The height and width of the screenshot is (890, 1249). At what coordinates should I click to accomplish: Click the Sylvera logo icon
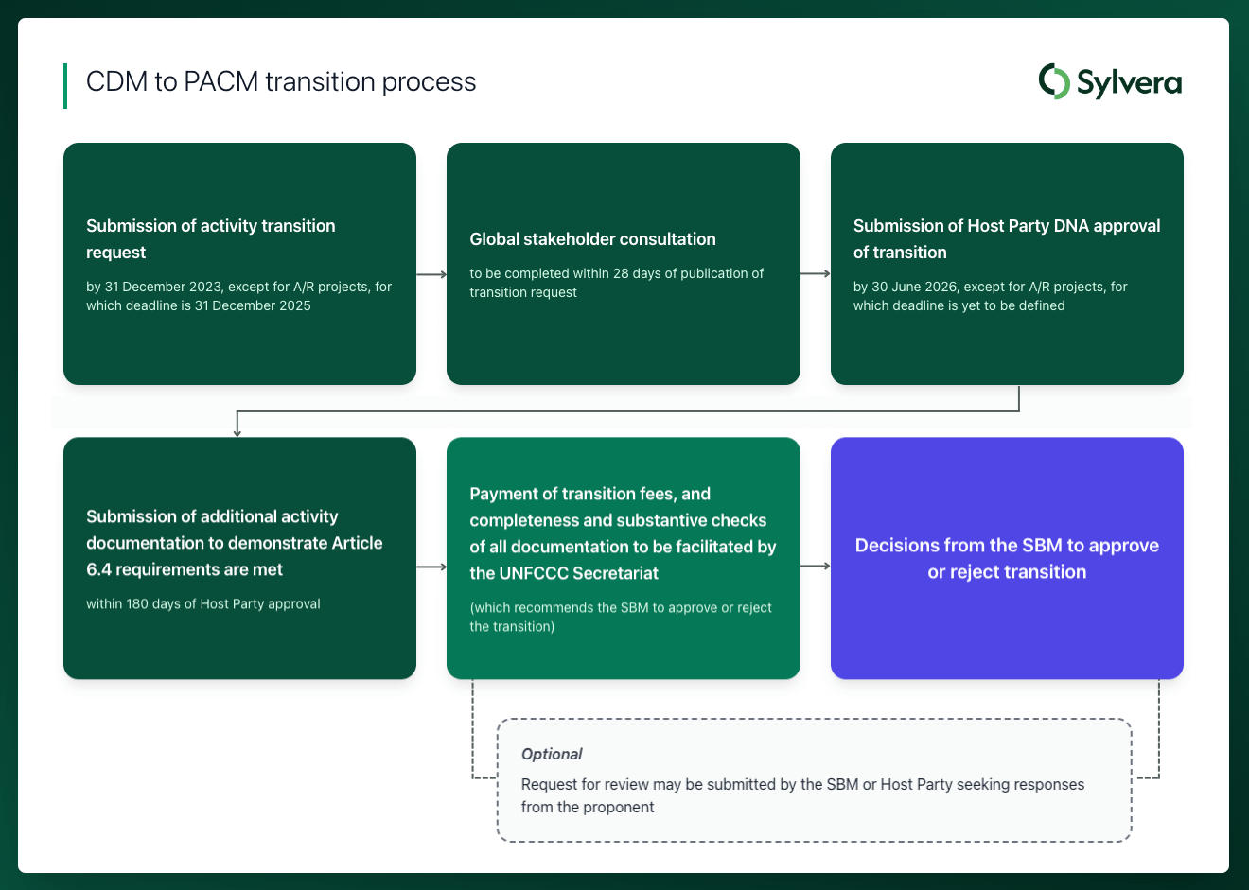click(1054, 81)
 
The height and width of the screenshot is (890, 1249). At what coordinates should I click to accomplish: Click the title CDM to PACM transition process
click(281, 82)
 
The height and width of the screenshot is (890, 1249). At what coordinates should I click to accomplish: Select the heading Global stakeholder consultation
click(592, 239)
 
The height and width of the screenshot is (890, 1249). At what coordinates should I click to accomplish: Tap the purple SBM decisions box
click(1007, 558)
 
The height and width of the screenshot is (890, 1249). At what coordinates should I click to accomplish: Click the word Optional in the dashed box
click(552, 754)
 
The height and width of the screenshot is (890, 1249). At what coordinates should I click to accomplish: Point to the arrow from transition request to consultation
click(431, 274)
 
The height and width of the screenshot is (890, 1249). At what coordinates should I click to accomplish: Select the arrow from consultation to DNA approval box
click(815, 274)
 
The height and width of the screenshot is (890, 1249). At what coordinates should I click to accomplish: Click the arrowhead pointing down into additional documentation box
click(237, 431)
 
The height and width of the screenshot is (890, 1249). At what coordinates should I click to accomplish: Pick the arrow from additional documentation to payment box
click(431, 567)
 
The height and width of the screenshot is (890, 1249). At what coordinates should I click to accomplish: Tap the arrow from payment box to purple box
click(815, 566)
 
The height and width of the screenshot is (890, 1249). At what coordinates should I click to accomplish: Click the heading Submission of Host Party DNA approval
click(1006, 226)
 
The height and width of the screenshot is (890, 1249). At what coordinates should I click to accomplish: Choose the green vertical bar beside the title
click(65, 86)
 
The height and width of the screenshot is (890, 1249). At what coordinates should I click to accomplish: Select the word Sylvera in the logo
click(1129, 83)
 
